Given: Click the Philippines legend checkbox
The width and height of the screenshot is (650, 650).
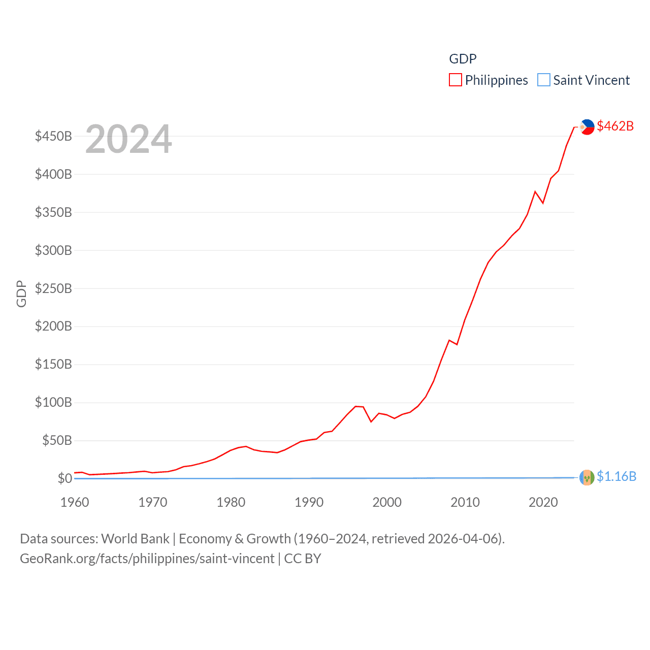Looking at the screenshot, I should (456, 80).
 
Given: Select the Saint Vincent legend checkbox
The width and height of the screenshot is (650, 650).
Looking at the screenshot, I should (544, 80).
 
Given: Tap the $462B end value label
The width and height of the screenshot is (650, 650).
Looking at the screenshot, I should (615, 126).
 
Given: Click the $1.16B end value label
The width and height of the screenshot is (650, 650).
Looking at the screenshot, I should (616, 476).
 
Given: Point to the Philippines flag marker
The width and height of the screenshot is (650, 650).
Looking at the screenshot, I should (587, 127).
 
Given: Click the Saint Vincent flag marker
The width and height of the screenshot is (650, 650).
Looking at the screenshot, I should (587, 477).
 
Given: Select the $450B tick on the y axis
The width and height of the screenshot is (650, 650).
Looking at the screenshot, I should (53, 136).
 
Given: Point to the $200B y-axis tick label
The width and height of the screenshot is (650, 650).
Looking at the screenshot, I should (53, 326).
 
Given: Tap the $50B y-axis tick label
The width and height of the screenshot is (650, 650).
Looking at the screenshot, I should (57, 440).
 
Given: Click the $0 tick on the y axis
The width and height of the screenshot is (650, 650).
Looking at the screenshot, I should (64, 478).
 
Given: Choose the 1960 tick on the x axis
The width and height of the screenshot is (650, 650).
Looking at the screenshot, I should (75, 502).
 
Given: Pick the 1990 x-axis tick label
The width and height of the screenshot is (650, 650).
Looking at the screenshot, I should (309, 502).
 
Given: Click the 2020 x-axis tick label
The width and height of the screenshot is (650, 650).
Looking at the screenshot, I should (543, 502).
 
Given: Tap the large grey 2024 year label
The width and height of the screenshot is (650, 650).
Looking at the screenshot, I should (128, 139).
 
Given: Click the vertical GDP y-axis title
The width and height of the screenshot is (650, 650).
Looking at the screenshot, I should (21, 294).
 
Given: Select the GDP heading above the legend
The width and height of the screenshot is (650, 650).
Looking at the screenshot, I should (463, 59).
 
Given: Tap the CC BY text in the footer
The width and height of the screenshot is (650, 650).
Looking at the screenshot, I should (303, 559).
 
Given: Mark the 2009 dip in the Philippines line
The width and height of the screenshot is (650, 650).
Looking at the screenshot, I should (457, 344).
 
